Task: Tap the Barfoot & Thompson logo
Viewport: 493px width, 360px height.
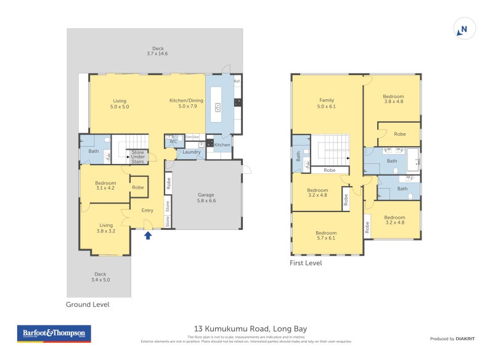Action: (x=54, y=334)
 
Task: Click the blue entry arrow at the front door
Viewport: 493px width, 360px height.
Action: (x=148, y=235)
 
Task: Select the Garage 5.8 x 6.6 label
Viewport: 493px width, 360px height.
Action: (x=206, y=197)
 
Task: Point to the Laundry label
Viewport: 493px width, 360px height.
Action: (x=192, y=152)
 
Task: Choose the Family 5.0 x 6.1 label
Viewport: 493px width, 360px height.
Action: (x=327, y=103)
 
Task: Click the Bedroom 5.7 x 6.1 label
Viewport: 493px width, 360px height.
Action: (x=327, y=235)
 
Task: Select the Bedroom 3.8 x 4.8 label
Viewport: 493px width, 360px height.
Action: (x=393, y=99)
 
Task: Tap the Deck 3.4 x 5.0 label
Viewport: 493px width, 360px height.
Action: (x=100, y=277)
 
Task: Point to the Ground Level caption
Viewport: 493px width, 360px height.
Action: (x=88, y=305)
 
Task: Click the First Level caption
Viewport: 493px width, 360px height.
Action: (x=306, y=263)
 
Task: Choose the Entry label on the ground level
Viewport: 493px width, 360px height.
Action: (x=148, y=210)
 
